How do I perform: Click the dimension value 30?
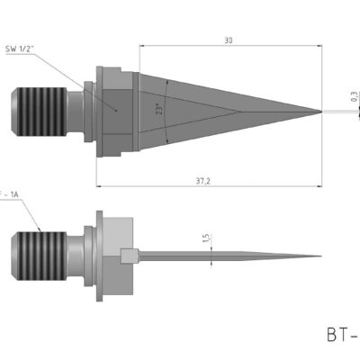tap(229, 40)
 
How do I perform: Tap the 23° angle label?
tap(157, 110)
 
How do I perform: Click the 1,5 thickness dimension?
tap(205, 240)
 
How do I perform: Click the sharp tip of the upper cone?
tap(321, 112)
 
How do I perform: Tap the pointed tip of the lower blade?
tap(320, 255)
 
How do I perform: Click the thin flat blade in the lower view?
tap(225, 255)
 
